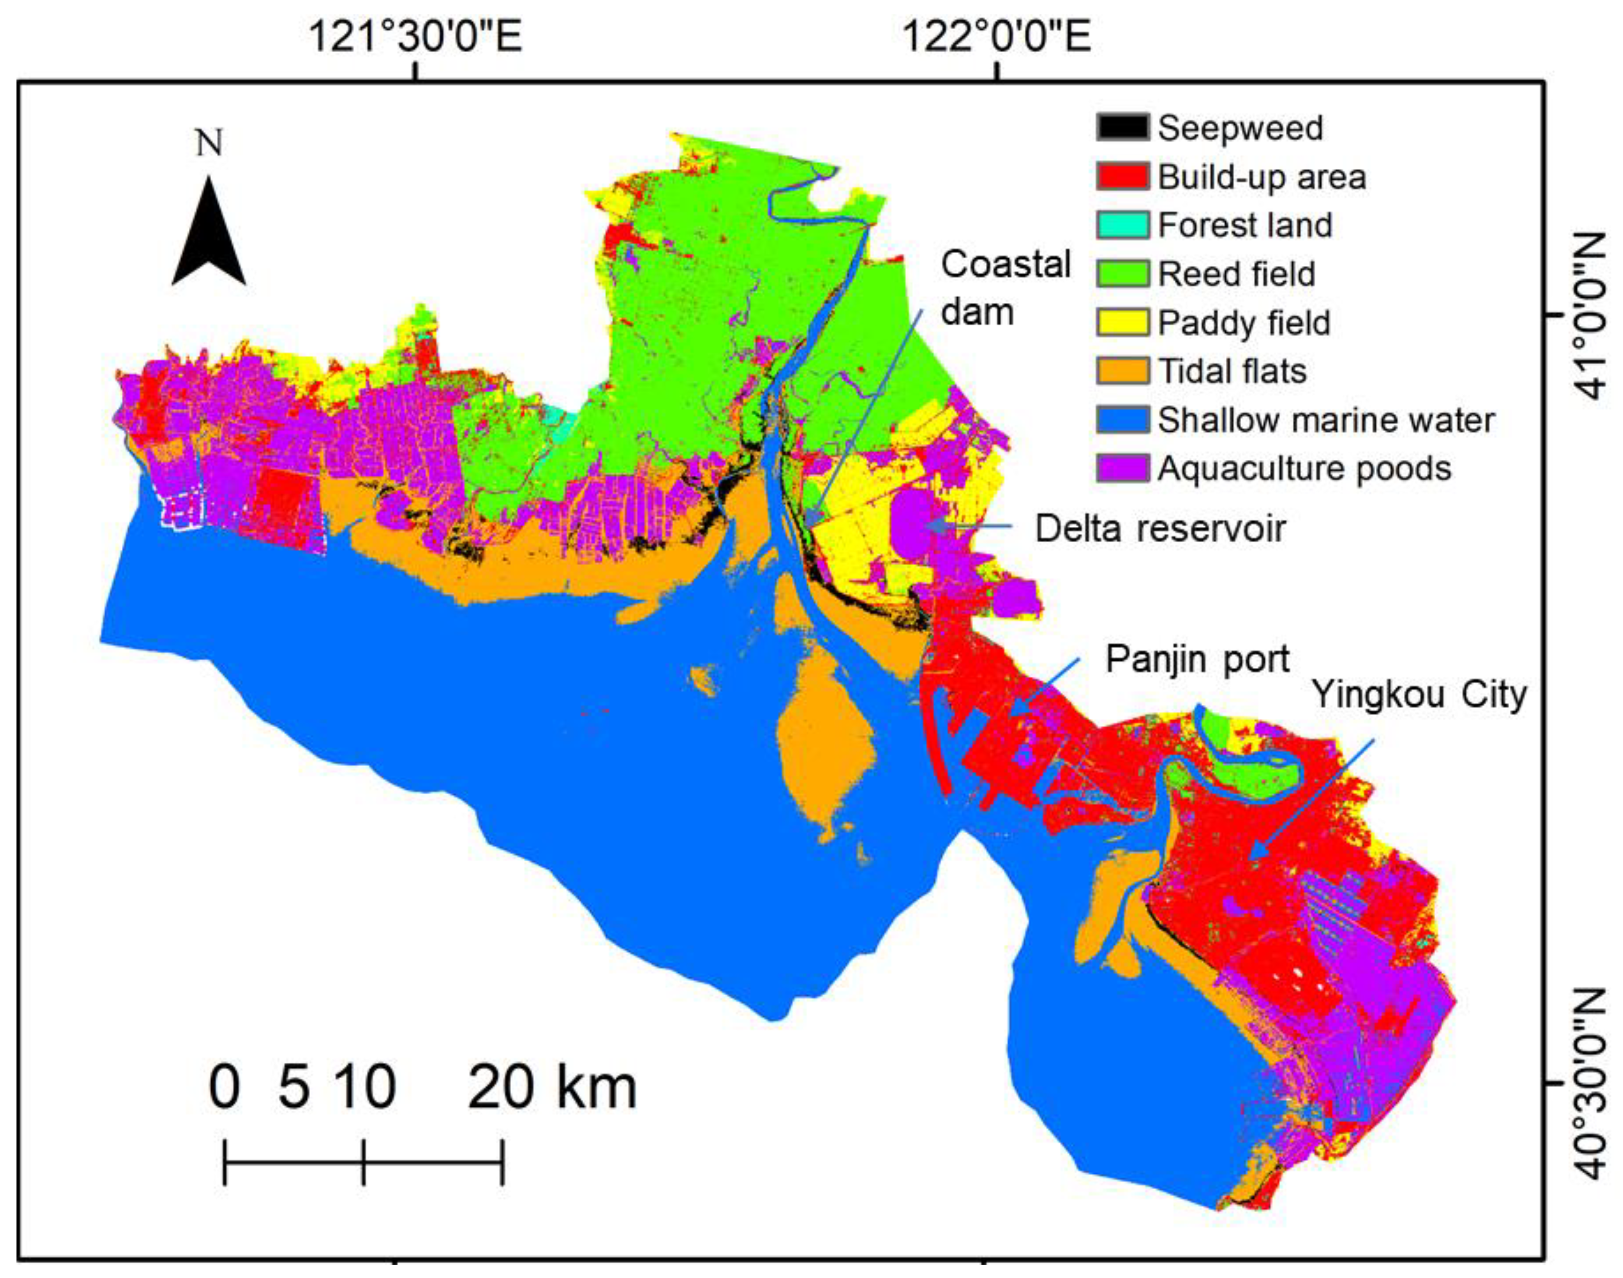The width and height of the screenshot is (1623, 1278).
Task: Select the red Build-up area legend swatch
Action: coord(1123,176)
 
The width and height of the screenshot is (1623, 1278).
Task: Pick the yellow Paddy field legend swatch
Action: coord(1123,323)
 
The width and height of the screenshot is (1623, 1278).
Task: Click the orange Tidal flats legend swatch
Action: coord(1123,371)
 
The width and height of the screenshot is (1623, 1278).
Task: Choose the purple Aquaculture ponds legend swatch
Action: coord(1123,468)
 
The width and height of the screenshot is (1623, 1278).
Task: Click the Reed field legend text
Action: coord(1236,274)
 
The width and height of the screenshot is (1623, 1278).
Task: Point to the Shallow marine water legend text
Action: coord(1326,420)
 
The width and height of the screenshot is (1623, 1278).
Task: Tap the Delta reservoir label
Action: coord(1160,529)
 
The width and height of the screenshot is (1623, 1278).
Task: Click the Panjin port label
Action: coord(1197,659)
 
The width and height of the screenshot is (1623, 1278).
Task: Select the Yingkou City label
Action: coord(1419,694)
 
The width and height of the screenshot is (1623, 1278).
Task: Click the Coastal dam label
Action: coord(1005,288)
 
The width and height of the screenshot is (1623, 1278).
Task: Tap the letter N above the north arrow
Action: coord(209,142)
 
